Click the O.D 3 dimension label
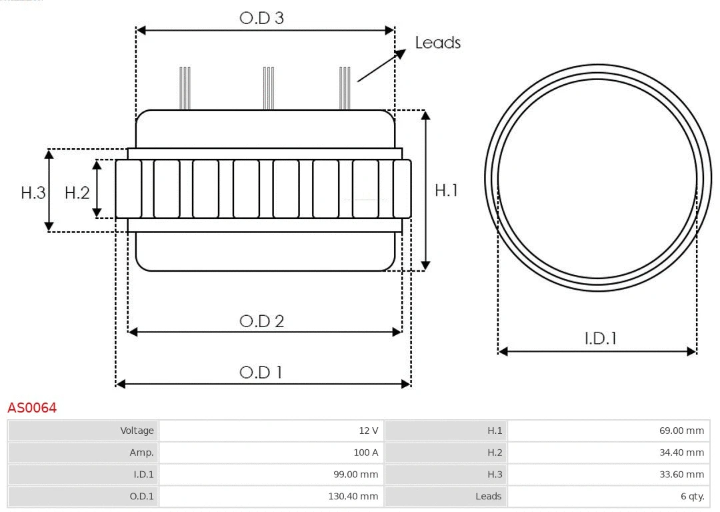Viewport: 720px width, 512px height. tap(261, 18)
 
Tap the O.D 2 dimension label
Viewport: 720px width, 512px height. tap(261, 321)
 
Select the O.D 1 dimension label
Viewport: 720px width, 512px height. tap(261, 372)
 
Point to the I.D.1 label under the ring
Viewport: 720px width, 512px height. tap(600, 338)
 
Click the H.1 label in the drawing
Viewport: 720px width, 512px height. tap(446, 190)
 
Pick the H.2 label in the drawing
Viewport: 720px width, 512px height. tap(77, 193)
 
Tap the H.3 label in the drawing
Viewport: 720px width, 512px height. tap(33, 193)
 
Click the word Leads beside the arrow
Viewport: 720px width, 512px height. tap(437, 43)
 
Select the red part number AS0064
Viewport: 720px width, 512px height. tap(32, 408)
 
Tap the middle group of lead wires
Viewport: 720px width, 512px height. tap(269, 88)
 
